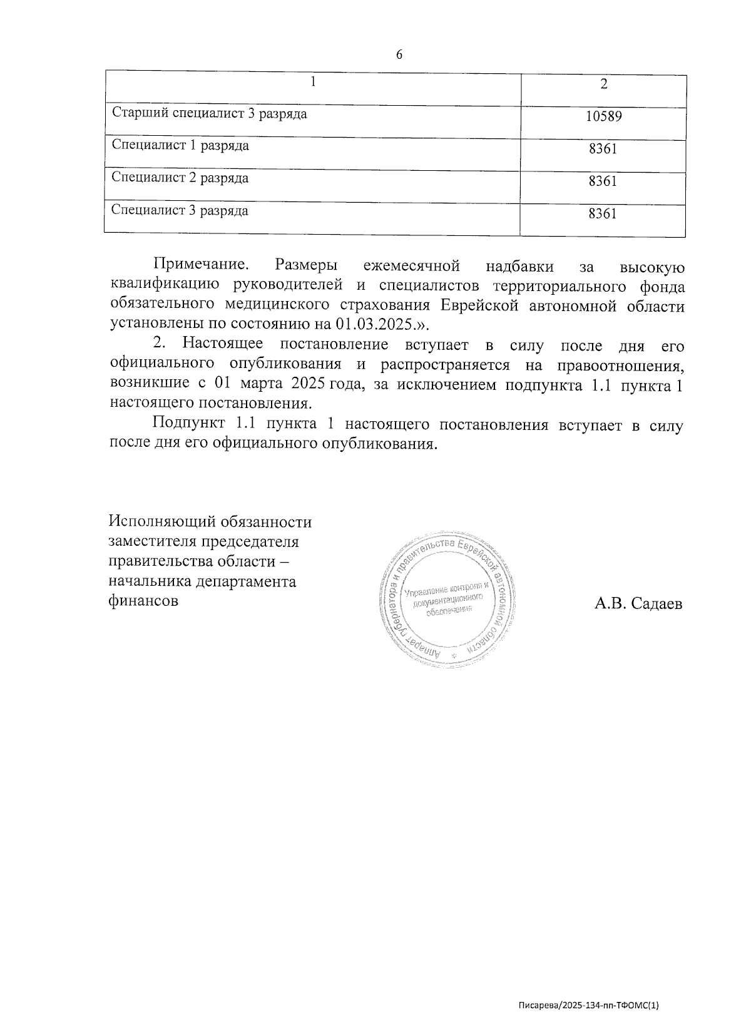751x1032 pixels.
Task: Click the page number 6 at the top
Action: tap(399, 54)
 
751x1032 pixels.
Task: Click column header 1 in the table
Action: tap(312, 83)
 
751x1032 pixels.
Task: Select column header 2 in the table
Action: tap(603, 85)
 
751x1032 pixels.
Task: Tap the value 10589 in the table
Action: tap(603, 116)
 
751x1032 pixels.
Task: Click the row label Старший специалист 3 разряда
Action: tap(209, 114)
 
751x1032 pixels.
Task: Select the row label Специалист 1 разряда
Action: tap(180, 146)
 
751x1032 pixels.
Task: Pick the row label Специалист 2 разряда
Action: tap(180, 178)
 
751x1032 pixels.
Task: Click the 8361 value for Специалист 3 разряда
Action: tap(603, 213)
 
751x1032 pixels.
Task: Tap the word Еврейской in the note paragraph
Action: tap(481, 306)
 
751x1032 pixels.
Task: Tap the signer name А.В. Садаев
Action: tap(638, 604)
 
